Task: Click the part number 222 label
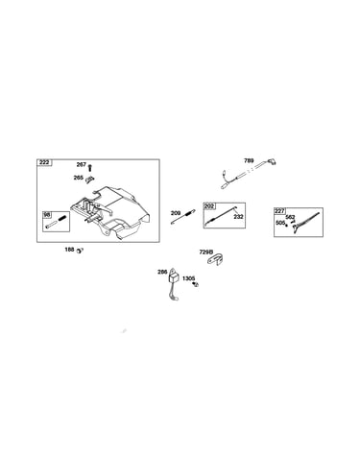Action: pos(44,162)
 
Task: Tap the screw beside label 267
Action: pos(90,167)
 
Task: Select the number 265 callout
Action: pos(79,178)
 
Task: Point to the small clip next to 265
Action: pos(89,180)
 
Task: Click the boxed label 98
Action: pos(47,215)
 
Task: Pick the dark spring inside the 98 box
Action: pos(63,219)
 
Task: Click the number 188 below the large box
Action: pos(69,250)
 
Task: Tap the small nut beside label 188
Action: pos(80,251)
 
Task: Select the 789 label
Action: pos(249,160)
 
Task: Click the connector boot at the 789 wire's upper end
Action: pos(272,161)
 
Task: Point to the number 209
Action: pos(176,213)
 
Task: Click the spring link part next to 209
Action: pos(183,217)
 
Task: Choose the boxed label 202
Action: pos(209,206)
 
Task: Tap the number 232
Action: pos(238,217)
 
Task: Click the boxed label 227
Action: pos(279,211)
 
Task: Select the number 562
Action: pos(290,217)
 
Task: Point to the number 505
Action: pos(280,223)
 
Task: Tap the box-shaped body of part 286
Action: pos(174,277)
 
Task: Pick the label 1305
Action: pos(188,278)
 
